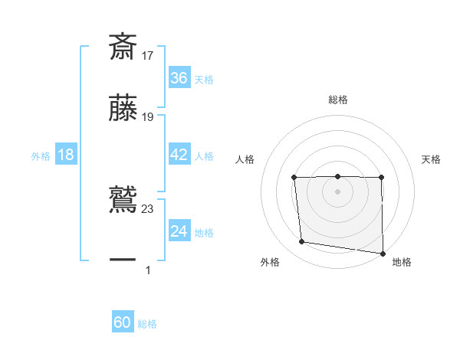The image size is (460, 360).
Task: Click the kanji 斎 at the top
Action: (123, 46)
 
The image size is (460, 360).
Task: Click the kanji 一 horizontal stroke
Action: (123, 260)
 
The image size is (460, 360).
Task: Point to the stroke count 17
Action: (148, 55)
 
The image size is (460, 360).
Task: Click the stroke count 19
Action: (148, 117)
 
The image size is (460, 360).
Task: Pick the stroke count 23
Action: (148, 208)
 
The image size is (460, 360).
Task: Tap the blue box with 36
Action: (179, 78)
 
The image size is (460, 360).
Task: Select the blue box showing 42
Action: (179, 155)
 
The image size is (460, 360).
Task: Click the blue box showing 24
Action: (179, 231)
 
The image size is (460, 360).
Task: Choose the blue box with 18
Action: (66, 155)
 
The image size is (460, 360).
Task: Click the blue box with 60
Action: (123, 322)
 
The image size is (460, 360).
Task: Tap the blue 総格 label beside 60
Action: (147, 324)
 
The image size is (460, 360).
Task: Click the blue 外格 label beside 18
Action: (41, 156)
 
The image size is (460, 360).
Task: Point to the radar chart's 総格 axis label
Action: (338, 100)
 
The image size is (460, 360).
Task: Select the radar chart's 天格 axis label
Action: (432, 159)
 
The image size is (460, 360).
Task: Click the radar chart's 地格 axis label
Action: (402, 262)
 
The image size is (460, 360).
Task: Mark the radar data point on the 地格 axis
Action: (383, 253)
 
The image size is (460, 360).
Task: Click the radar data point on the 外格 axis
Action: (302, 242)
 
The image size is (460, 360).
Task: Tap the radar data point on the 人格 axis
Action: (294, 178)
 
